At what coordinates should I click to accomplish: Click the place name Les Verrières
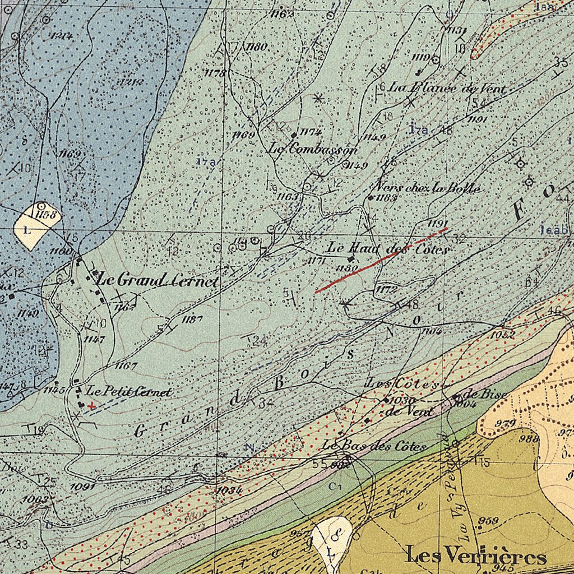coord(476,557)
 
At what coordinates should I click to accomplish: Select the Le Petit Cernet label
coord(128,392)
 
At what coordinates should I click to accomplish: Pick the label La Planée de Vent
coord(447,88)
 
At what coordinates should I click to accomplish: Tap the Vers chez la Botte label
coord(428,188)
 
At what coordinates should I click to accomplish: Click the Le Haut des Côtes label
coord(387,248)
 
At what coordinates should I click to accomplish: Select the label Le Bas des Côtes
coord(374,446)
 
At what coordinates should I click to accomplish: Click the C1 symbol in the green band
coord(335,486)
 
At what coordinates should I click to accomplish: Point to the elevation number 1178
coord(215,73)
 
